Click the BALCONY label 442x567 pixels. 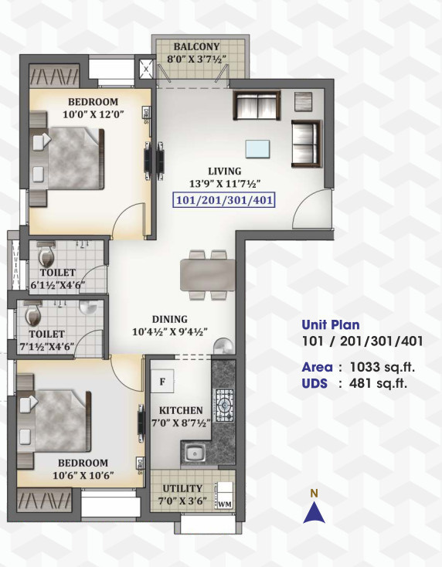[197, 46]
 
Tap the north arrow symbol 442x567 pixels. [312, 511]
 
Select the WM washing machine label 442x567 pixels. [225, 504]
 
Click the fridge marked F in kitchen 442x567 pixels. [164, 381]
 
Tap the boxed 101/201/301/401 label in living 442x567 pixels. [224, 199]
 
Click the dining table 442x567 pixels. [208, 274]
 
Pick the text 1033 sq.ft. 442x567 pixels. [376, 368]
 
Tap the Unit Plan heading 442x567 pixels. [330, 324]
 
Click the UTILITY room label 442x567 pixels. [183, 489]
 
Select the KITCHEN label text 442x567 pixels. [181, 410]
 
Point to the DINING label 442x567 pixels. [169, 318]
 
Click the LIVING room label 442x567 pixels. [224, 171]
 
